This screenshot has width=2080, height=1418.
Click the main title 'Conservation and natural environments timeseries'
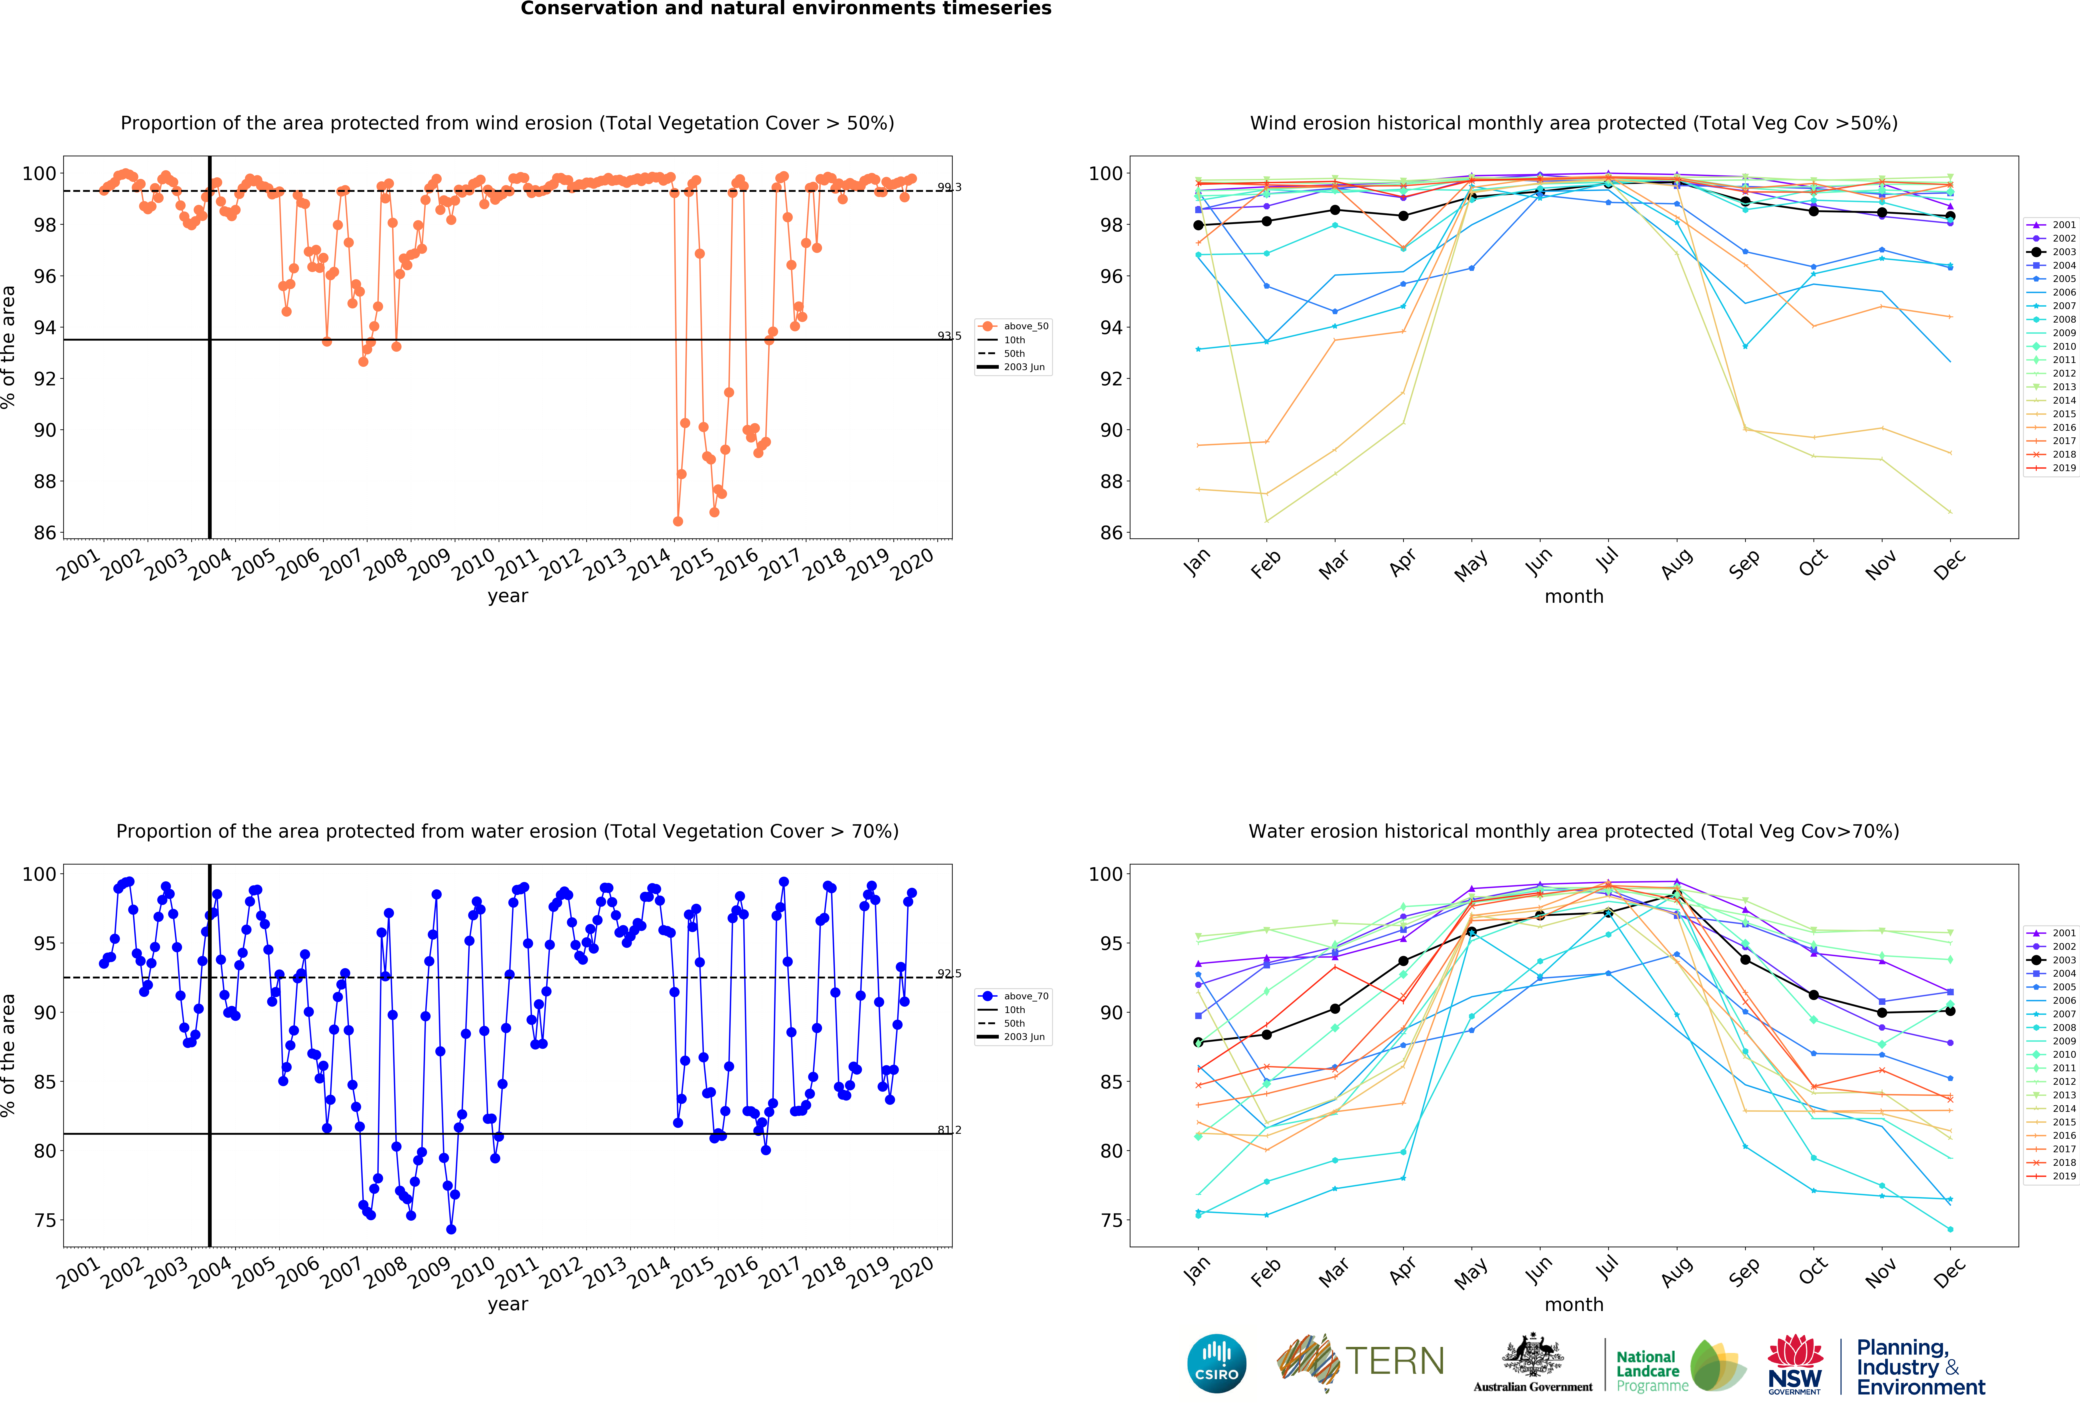click(786, 9)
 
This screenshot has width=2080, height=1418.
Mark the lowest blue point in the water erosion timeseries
click(451, 1229)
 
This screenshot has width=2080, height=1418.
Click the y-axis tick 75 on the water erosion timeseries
click(45, 1220)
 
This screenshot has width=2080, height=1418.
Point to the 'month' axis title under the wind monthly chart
click(1573, 596)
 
